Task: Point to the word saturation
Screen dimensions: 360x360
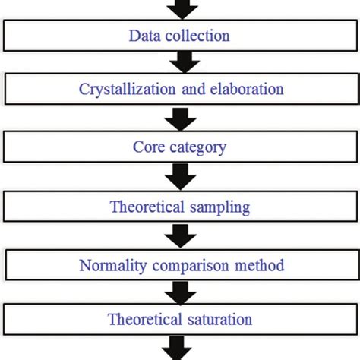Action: [221, 319]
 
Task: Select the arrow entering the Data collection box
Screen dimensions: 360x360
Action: [180, 9]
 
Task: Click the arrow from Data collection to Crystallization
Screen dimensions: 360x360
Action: [180, 62]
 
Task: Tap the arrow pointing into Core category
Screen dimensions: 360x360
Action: [180, 118]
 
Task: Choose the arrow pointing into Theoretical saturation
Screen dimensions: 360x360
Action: [180, 292]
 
